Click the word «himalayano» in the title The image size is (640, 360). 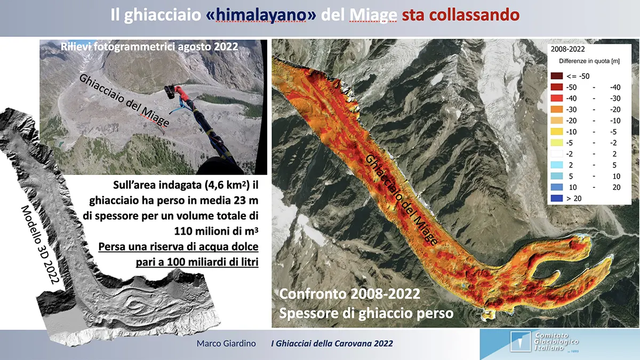[261, 15]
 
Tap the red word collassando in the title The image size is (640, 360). [460, 15]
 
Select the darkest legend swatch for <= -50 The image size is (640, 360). [557, 76]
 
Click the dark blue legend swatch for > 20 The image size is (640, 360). [557, 198]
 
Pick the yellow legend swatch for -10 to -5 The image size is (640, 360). [557, 131]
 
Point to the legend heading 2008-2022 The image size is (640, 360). [567, 49]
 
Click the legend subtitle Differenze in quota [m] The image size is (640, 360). [589, 61]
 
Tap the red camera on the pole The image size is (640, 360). [175, 91]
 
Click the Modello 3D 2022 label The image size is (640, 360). [40, 245]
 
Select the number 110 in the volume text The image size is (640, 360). [182, 231]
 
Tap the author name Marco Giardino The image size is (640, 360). [226, 343]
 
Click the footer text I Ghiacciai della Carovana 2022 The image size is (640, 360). [332, 343]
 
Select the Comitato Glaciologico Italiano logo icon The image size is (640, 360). [520, 341]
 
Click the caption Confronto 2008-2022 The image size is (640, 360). [350, 294]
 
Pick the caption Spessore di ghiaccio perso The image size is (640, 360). [366, 313]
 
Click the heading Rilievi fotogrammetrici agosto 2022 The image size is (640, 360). [149, 46]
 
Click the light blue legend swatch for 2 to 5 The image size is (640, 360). [557, 165]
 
